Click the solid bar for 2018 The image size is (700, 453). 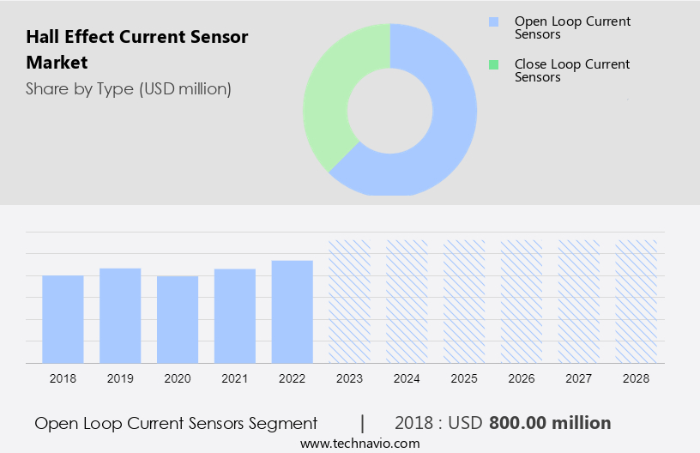point(63,319)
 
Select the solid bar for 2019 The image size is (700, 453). point(120,316)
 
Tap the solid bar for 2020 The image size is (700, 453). point(178,319)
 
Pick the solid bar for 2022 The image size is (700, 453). point(293,311)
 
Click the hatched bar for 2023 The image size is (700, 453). point(350,301)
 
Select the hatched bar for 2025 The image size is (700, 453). point(464,301)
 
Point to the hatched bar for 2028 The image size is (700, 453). point(637,301)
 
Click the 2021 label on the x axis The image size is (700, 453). point(235,378)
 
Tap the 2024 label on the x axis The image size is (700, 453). point(407,378)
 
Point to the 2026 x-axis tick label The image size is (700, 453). point(522,378)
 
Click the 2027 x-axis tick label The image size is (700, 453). point(579,378)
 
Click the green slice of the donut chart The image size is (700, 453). point(330,94)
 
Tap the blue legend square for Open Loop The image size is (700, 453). point(493,21)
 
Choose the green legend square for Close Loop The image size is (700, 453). point(493,64)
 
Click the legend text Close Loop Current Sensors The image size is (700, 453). point(572,70)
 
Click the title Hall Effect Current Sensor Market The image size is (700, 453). point(137,50)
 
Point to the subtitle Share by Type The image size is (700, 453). point(129,89)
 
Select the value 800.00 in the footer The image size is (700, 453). point(522,423)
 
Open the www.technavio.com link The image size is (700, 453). point(360,444)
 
